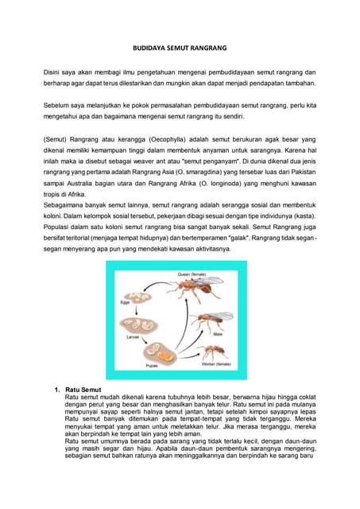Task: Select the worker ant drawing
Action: [x=215, y=349]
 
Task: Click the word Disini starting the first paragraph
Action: [x=53, y=72]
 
